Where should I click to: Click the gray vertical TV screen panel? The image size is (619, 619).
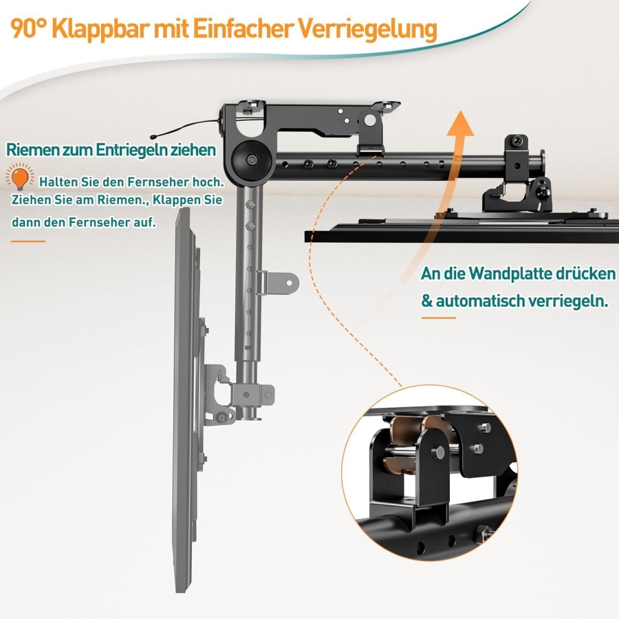[x=184, y=399]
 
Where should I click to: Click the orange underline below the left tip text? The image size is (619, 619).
[x=28, y=241]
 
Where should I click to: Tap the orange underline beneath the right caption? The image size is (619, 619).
[x=438, y=318]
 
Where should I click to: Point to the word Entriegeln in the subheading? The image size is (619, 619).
[x=135, y=149]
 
